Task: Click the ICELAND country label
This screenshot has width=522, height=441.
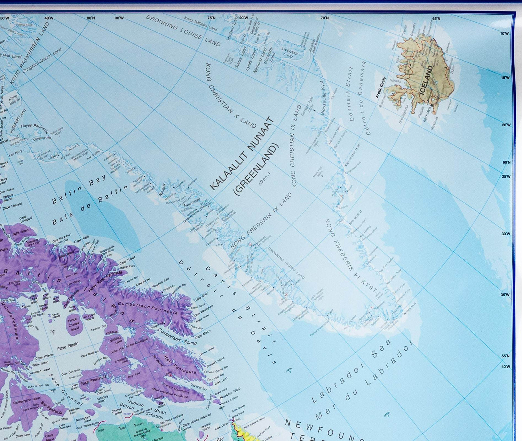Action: pyautogui.click(x=427, y=81)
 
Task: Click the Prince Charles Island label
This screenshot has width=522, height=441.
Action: pyautogui.click(x=73, y=324)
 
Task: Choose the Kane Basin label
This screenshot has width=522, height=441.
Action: pyautogui.click(x=14, y=100)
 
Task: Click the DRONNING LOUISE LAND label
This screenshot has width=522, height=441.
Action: pyautogui.click(x=183, y=30)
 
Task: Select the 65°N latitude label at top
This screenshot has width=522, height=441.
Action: pyautogui.click(x=436, y=18)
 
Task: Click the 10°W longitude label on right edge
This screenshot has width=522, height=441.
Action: pyautogui.click(x=504, y=34)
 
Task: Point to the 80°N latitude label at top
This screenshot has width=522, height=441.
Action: pyautogui.click(x=91, y=18)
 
